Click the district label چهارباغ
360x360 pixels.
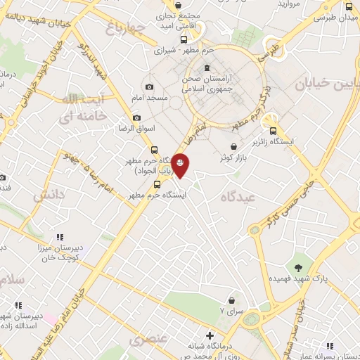pyautogui.click(x=126, y=28)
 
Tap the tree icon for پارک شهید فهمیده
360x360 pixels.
pyautogui.click(x=300, y=266)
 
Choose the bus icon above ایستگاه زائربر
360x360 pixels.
pyautogui.click(x=274, y=129)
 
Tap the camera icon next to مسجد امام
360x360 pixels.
pyautogui.click(x=148, y=86)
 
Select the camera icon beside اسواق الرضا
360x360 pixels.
pyautogui.click(x=136, y=117)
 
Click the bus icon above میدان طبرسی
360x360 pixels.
pyautogui.click(x=349, y=7)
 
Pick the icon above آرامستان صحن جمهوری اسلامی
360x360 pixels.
pyautogui.click(x=206, y=69)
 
